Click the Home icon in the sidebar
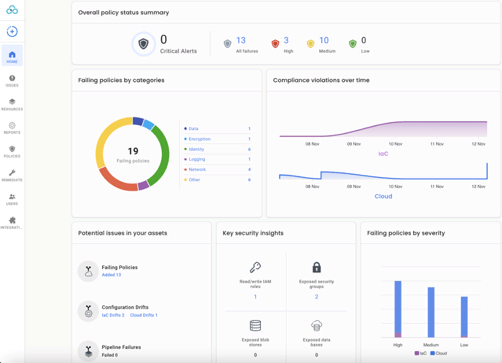12,55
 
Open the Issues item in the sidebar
12,79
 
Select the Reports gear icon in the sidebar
12,126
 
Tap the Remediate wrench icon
12,173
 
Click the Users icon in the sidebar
12,197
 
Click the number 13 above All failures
241,41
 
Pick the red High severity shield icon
275,44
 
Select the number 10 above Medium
324,41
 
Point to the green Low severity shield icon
353,44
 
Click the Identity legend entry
196,150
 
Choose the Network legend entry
197,170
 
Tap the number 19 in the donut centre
133,151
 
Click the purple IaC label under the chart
383,153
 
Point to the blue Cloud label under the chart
383,197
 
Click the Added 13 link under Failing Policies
111,275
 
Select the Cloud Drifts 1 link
144,315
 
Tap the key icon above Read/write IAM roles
255,267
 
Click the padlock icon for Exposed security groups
316,267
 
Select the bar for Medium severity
431,312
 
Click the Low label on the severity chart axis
464,345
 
